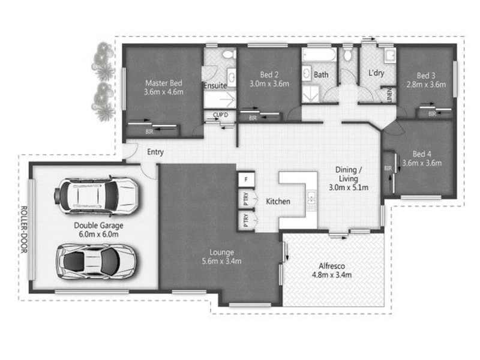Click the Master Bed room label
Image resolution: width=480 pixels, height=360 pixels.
[x=164, y=83]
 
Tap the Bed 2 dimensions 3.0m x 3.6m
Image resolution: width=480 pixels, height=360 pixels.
[x=269, y=83]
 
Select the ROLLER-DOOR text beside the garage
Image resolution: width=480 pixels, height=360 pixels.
[x=24, y=230]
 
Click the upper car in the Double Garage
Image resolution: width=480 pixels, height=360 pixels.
[x=97, y=196]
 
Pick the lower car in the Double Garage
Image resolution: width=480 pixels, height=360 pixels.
[x=97, y=262]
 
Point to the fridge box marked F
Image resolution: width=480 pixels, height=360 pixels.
[x=247, y=179]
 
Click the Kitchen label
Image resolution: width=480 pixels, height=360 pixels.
[x=278, y=202]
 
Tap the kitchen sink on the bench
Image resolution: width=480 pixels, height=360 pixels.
[x=311, y=200]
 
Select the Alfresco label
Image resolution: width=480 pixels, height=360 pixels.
[x=332, y=266]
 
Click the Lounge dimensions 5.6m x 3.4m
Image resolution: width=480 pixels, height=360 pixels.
[x=221, y=261]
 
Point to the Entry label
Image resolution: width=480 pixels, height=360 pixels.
[x=155, y=152]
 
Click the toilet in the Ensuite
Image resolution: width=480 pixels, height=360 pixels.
[x=229, y=55]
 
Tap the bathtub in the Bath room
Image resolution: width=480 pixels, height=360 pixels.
[x=319, y=55]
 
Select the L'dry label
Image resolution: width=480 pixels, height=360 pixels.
[x=376, y=73]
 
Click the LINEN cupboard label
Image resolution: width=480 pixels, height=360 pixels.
[x=389, y=95]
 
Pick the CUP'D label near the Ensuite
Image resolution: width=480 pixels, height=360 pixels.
[x=220, y=115]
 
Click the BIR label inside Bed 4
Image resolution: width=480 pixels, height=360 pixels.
[x=388, y=169]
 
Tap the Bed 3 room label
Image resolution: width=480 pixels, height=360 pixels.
[x=426, y=76]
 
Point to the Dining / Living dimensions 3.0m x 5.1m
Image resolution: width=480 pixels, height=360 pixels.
[x=349, y=187]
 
